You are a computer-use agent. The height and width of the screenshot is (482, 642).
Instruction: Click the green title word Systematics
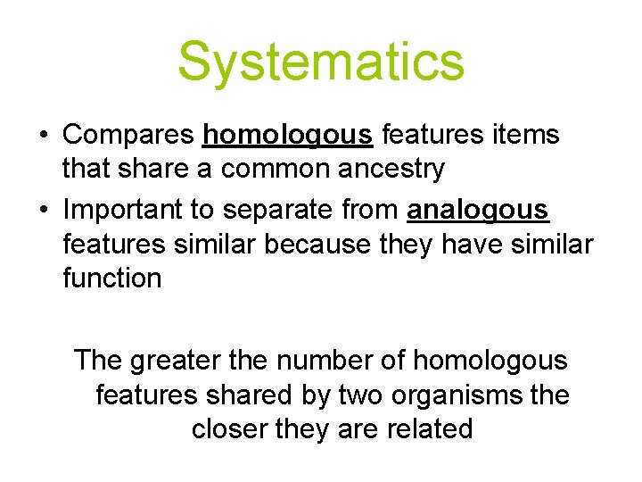click(x=321, y=61)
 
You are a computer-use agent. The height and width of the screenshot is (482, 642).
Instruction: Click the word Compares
click(x=128, y=135)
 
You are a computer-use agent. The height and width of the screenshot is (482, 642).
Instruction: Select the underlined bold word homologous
click(x=288, y=135)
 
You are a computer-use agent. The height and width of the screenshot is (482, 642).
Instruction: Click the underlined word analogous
click(x=478, y=210)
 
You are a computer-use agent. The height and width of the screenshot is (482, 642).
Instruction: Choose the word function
click(x=112, y=278)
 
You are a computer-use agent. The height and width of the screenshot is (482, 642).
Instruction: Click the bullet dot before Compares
click(x=42, y=136)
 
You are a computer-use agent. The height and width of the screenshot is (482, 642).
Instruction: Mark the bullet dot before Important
click(x=42, y=211)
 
